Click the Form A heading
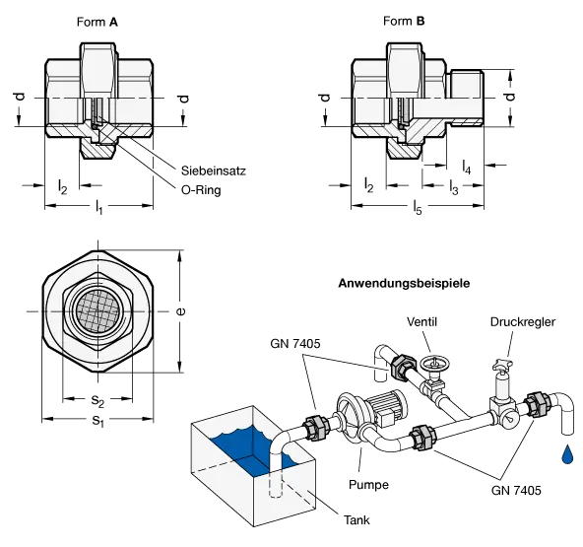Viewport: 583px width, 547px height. click(97, 23)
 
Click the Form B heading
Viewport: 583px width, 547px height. click(404, 22)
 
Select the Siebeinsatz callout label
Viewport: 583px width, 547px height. click(214, 171)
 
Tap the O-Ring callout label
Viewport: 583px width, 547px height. click(201, 190)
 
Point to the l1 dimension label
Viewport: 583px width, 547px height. click(98, 207)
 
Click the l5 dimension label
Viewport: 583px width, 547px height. click(418, 207)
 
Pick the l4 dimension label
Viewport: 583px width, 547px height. click(467, 167)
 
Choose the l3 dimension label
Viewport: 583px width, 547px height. click(454, 187)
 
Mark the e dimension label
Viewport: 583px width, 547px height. click(180, 311)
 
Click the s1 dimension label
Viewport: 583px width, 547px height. click(97, 421)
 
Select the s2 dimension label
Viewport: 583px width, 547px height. click(97, 400)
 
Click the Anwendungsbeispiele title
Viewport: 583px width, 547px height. click(404, 283)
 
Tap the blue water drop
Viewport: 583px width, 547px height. click(566, 454)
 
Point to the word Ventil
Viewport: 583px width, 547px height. click(421, 321)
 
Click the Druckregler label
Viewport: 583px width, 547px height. click(523, 322)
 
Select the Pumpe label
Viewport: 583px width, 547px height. click(368, 485)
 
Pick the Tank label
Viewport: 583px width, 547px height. click(356, 519)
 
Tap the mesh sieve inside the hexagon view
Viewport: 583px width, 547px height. click(97, 310)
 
